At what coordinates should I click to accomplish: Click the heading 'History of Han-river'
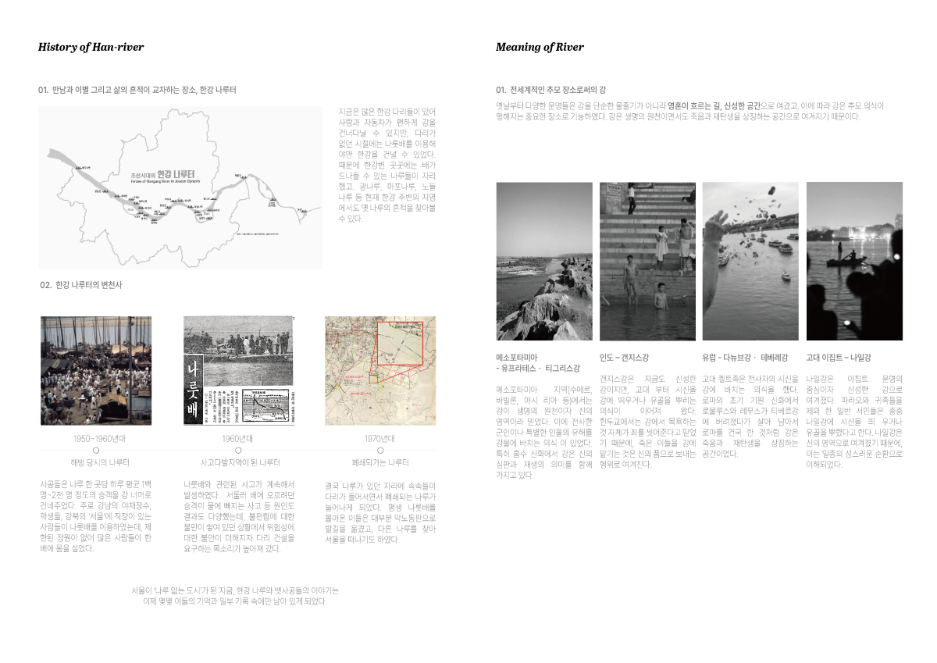point(91,47)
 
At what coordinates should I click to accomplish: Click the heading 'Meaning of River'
point(540,47)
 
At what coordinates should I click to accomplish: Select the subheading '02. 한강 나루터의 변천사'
point(80,285)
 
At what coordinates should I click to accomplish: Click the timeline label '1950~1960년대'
point(95,438)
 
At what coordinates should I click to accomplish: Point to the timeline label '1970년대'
point(380,438)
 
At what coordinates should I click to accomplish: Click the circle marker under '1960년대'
point(238,451)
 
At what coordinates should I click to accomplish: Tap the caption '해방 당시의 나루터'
point(95,462)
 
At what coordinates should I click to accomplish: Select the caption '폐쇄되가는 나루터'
point(380,462)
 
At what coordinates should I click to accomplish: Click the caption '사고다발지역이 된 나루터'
point(238,462)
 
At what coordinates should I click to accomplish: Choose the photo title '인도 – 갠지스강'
point(624,357)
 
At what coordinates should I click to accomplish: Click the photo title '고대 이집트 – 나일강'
point(838,357)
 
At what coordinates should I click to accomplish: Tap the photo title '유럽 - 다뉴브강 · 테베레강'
point(745,357)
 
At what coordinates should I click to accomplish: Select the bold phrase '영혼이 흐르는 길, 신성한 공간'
point(714,105)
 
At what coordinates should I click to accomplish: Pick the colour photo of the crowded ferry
point(95,370)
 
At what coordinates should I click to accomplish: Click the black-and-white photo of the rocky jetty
point(544,261)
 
